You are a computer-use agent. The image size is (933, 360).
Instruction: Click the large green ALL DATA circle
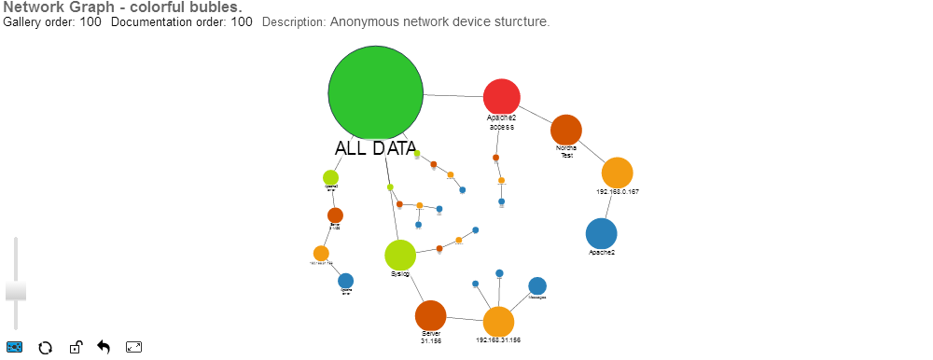(x=376, y=92)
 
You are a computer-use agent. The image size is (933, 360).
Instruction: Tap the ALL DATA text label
(x=375, y=148)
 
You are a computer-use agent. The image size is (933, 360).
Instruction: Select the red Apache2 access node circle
(x=501, y=97)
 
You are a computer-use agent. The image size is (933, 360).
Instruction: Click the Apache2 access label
(x=501, y=122)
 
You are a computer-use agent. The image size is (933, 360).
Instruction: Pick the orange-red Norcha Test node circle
(x=565, y=130)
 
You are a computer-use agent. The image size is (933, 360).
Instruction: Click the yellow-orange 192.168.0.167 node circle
(x=617, y=173)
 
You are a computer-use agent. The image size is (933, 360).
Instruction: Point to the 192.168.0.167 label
(x=617, y=192)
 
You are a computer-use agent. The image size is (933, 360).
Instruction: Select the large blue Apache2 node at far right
(x=601, y=233)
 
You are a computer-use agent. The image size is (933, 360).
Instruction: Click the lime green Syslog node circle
(x=399, y=255)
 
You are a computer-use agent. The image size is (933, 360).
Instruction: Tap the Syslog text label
(x=399, y=274)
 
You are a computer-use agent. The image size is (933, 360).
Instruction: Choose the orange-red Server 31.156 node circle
(x=430, y=315)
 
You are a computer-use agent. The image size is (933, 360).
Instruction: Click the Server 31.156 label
(x=430, y=338)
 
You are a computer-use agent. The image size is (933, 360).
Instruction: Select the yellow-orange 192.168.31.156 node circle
(x=498, y=321)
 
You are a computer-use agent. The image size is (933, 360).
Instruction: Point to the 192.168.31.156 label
(x=498, y=340)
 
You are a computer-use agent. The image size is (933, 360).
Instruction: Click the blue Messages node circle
(x=536, y=285)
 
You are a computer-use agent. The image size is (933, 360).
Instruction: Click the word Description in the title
(x=293, y=21)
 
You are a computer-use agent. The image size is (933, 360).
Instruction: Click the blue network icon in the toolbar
(x=14, y=348)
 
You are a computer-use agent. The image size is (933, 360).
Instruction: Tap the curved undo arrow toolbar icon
(x=104, y=348)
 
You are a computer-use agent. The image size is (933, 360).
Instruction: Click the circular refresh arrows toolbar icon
(x=43, y=348)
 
